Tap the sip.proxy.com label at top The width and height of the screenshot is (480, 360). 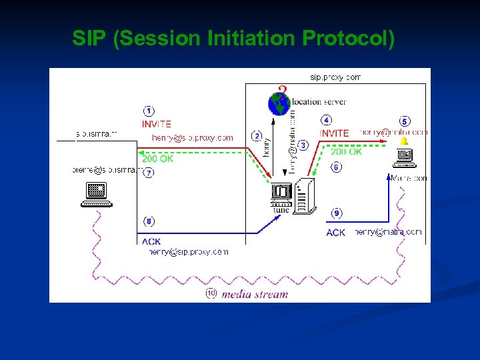(335, 77)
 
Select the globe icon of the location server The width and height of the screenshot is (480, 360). (279, 104)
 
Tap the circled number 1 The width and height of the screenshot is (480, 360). (149, 111)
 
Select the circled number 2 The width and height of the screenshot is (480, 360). (256, 136)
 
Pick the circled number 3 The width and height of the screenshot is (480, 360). (303, 145)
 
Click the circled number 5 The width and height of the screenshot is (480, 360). (404, 121)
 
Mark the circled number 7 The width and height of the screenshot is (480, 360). (149, 173)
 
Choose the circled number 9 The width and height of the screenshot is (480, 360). (337, 213)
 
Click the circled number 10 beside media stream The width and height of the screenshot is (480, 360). (211, 293)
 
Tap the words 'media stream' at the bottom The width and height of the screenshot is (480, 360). (255, 294)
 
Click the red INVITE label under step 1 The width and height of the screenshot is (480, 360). (157, 124)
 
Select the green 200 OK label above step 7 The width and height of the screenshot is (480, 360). (157, 159)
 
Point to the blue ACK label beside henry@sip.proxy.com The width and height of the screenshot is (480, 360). (151, 242)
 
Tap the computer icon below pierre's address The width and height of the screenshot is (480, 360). (97, 194)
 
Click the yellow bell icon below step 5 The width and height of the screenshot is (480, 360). (403, 141)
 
